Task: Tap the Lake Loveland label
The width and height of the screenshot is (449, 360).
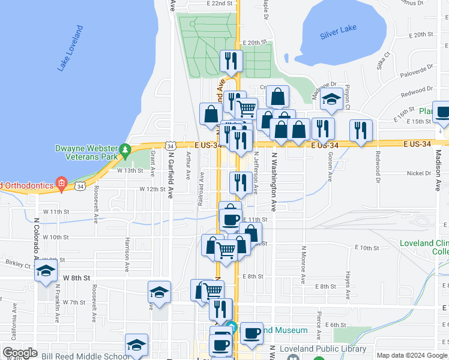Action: coord(70,49)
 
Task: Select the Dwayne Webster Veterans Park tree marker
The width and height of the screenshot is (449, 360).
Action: coord(125,149)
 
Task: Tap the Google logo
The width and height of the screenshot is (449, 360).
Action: coord(20,353)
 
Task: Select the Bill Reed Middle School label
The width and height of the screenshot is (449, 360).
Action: coord(86,356)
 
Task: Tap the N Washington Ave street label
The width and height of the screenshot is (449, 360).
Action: coord(273,181)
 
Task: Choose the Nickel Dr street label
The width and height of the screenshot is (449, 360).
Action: coord(420,173)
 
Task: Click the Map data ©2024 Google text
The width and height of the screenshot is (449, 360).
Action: coord(412,355)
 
